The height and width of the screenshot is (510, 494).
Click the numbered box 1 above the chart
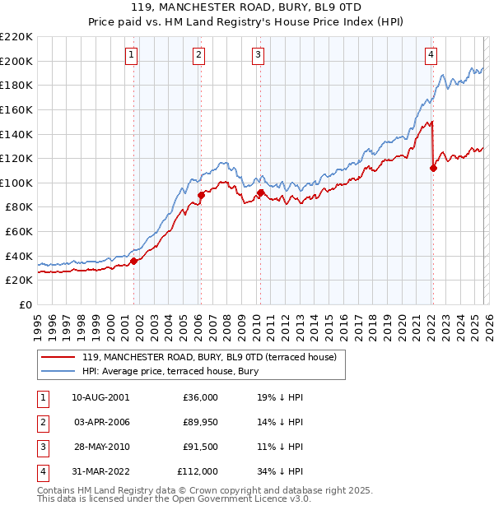132,55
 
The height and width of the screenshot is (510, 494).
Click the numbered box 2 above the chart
199,55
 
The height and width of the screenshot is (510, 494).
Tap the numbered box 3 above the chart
258,55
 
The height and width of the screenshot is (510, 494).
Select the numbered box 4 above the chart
431,55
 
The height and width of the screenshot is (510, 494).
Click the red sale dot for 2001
133,261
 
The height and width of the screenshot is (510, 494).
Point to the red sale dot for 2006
201,195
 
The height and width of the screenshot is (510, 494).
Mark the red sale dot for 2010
260,193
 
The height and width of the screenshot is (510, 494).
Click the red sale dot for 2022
433,168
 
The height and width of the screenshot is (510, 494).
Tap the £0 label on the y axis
25,304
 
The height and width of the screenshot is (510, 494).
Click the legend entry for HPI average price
170,372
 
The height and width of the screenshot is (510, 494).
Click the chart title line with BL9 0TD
247,9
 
